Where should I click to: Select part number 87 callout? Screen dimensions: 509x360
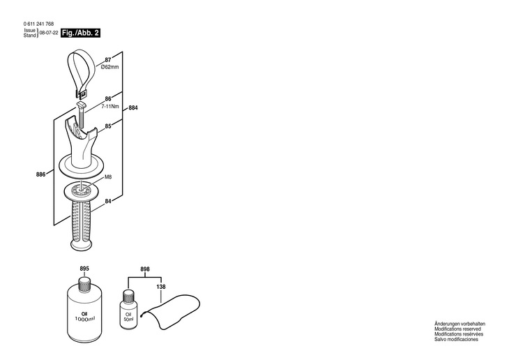click(108, 60)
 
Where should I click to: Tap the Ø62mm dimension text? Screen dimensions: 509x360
click(110, 67)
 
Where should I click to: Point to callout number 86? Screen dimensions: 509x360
click(108, 100)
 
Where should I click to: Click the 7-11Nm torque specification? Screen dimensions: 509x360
click(110, 107)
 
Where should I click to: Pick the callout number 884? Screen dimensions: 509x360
click(133, 108)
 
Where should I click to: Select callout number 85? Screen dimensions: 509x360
click(108, 126)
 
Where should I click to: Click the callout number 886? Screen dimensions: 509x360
click(41, 174)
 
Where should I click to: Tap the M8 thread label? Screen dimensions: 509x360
click(108, 178)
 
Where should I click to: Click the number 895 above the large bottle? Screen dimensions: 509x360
click(84, 269)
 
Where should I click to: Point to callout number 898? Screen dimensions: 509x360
click(145, 269)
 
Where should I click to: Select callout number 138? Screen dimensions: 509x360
click(161, 287)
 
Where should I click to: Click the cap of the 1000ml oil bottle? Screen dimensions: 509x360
click(84, 283)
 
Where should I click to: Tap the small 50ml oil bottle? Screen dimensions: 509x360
click(128, 307)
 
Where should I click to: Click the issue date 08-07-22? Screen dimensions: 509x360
click(49, 33)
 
